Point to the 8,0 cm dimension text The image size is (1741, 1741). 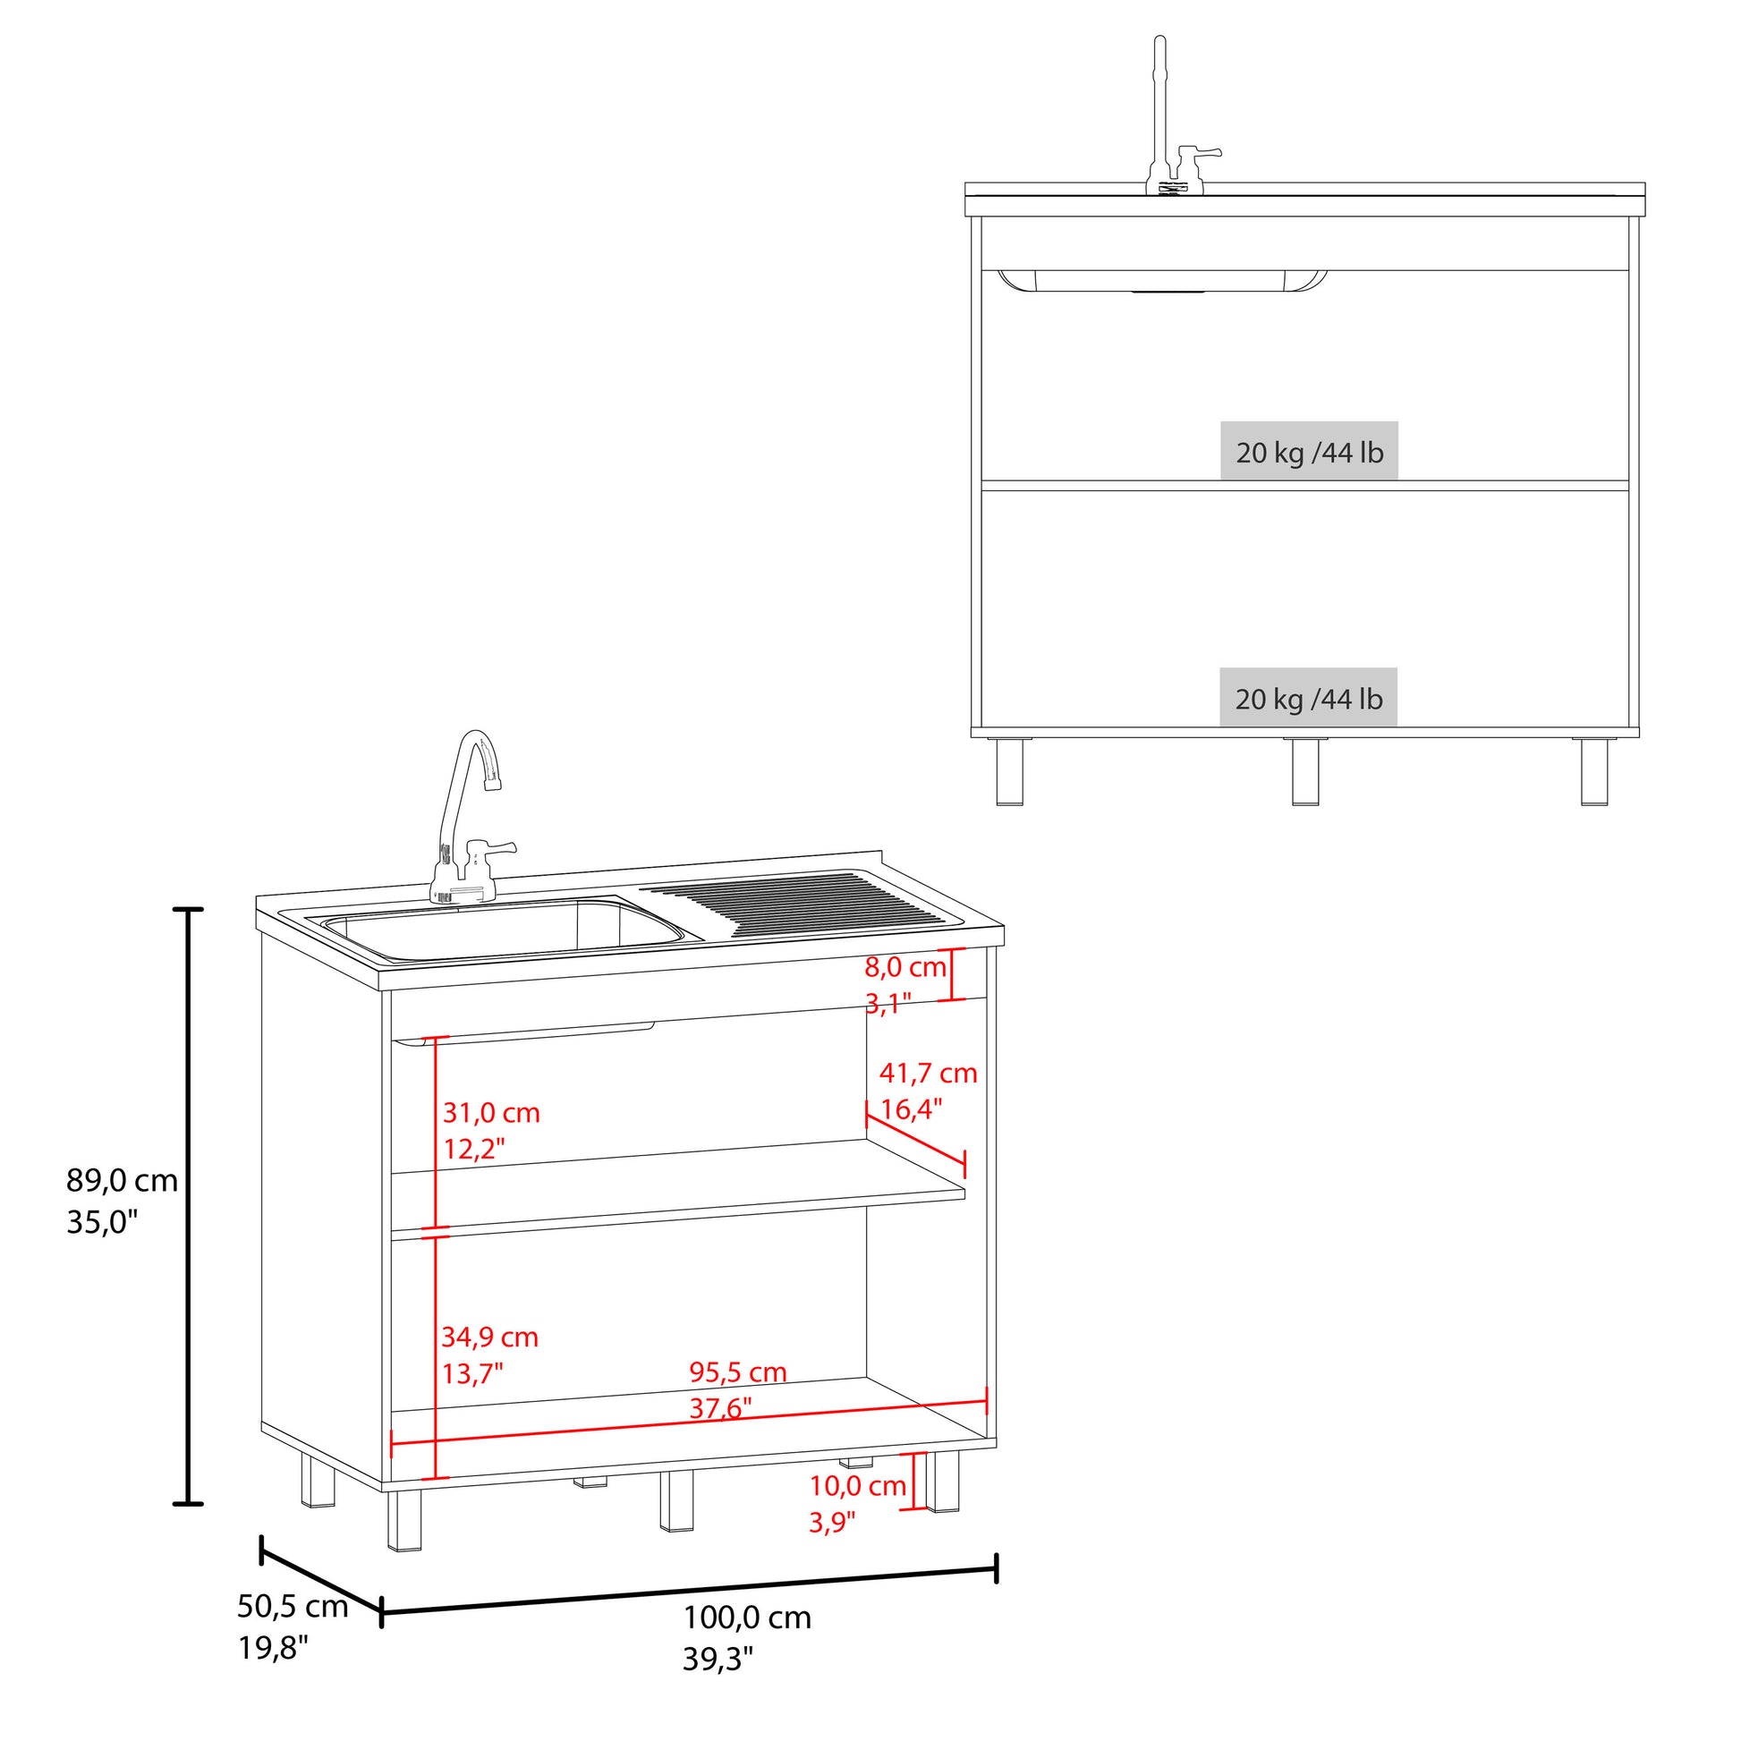(x=905, y=968)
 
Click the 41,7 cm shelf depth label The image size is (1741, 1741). (x=928, y=1074)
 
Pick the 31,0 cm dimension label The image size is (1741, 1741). (x=491, y=1113)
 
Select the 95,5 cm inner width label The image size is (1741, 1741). (x=738, y=1372)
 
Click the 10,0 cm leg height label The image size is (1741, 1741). (x=858, y=1486)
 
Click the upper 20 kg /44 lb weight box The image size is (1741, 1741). (x=1310, y=451)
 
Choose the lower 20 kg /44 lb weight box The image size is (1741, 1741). (x=1309, y=698)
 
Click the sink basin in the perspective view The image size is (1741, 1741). (x=503, y=930)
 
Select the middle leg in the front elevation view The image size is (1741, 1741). (x=1304, y=771)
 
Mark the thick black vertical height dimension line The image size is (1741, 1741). (x=188, y=1207)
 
